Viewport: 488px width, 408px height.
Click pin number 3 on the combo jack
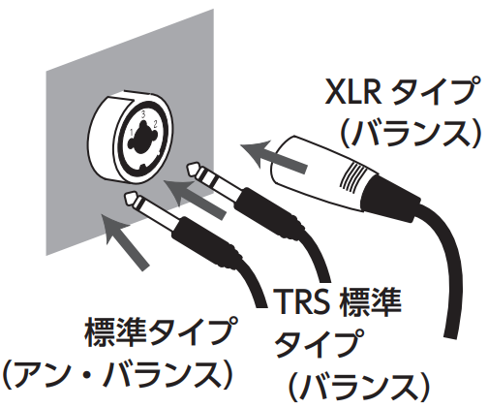143,114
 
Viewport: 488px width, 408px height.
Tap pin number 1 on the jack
132,132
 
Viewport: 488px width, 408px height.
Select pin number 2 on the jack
156,124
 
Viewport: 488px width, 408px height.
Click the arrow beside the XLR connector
273,156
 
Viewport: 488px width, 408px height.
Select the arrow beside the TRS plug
195,198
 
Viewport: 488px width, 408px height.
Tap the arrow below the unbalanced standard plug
124,240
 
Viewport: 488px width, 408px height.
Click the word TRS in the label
301,302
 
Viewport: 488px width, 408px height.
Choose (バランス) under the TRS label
359,386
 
